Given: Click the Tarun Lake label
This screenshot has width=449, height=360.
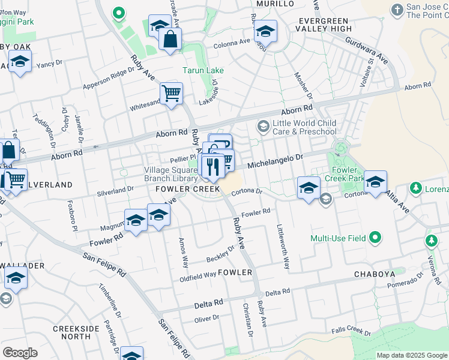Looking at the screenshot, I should tap(203, 70).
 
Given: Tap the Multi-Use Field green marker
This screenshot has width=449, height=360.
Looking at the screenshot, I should tap(376, 238).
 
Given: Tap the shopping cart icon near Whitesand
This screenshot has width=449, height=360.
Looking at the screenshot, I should tap(172, 93).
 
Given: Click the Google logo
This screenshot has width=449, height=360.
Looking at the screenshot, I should tap(20, 353).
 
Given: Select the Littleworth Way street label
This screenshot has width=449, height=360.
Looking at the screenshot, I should tap(282, 238).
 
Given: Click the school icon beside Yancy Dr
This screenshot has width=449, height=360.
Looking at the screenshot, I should tap(20, 62).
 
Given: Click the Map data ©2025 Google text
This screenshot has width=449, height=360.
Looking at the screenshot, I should tap(412, 355).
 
